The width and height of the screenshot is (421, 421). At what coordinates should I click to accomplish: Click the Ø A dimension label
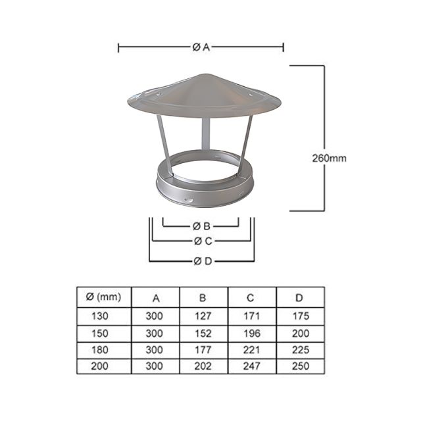point(201,47)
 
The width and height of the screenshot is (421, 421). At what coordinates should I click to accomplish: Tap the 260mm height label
point(329,158)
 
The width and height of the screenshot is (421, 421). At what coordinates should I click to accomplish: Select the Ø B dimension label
point(202,226)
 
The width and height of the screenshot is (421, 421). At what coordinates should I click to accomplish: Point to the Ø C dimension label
point(202,241)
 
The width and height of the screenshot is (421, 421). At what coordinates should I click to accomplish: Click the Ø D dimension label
point(202,261)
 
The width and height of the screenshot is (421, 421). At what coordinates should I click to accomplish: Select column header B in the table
point(203,297)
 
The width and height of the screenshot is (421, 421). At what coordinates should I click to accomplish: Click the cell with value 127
point(203,316)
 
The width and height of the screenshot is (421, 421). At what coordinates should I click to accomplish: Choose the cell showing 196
point(251,333)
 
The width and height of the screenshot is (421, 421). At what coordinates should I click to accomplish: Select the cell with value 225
point(299,350)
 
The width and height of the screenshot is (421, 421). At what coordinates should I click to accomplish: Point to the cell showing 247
point(251,366)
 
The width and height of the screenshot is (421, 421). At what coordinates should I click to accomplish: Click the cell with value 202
point(203,366)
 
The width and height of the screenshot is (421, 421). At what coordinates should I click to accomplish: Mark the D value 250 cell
point(299,366)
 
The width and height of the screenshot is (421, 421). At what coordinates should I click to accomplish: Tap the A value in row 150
point(155,333)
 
